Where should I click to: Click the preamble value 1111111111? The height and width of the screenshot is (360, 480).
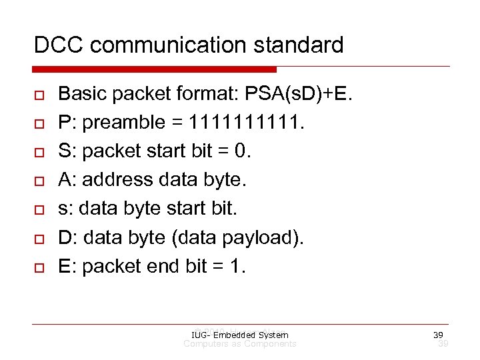(x=246, y=123)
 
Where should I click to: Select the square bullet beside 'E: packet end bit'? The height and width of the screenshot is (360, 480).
(x=38, y=267)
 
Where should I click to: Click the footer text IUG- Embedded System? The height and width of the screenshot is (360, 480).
(x=239, y=335)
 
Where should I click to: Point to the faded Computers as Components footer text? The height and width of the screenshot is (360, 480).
(x=239, y=344)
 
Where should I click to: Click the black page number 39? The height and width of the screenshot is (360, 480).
(x=437, y=335)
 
